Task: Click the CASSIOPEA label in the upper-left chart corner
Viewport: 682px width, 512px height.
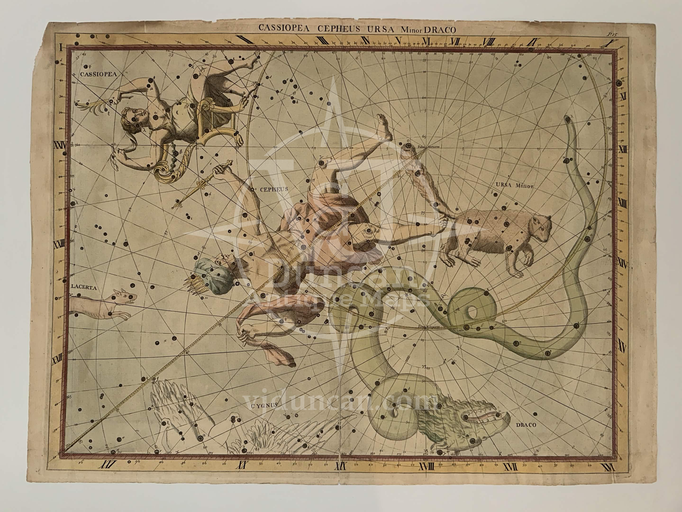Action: [x=93, y=74]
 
